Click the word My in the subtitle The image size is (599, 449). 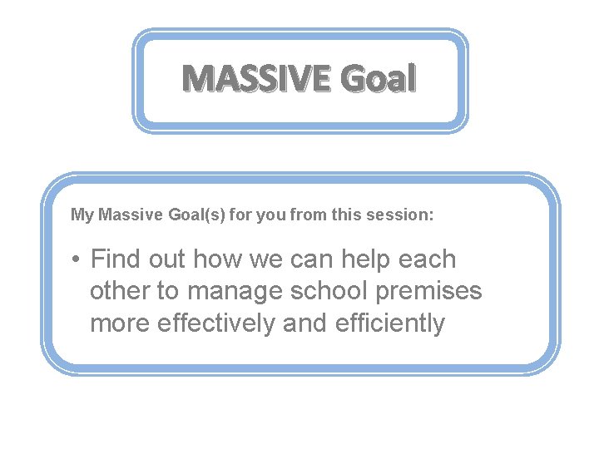tap(82, 215)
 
